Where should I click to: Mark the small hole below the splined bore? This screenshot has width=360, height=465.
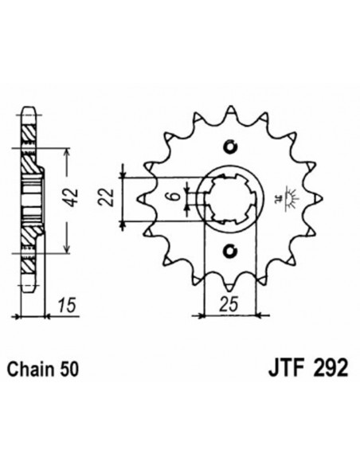coord(232,252)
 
